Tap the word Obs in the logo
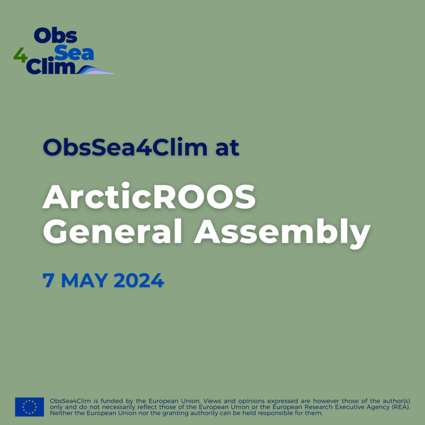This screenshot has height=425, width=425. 56,36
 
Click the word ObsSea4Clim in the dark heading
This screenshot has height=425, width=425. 125,147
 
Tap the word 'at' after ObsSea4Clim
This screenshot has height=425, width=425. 227,148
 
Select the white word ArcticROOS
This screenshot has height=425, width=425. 149,196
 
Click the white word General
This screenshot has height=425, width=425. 112,231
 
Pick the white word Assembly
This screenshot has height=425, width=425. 282,233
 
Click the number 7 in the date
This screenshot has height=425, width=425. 48,280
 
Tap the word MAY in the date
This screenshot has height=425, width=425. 84,280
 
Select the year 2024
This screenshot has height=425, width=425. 139,280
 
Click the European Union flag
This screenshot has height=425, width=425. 29,407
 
